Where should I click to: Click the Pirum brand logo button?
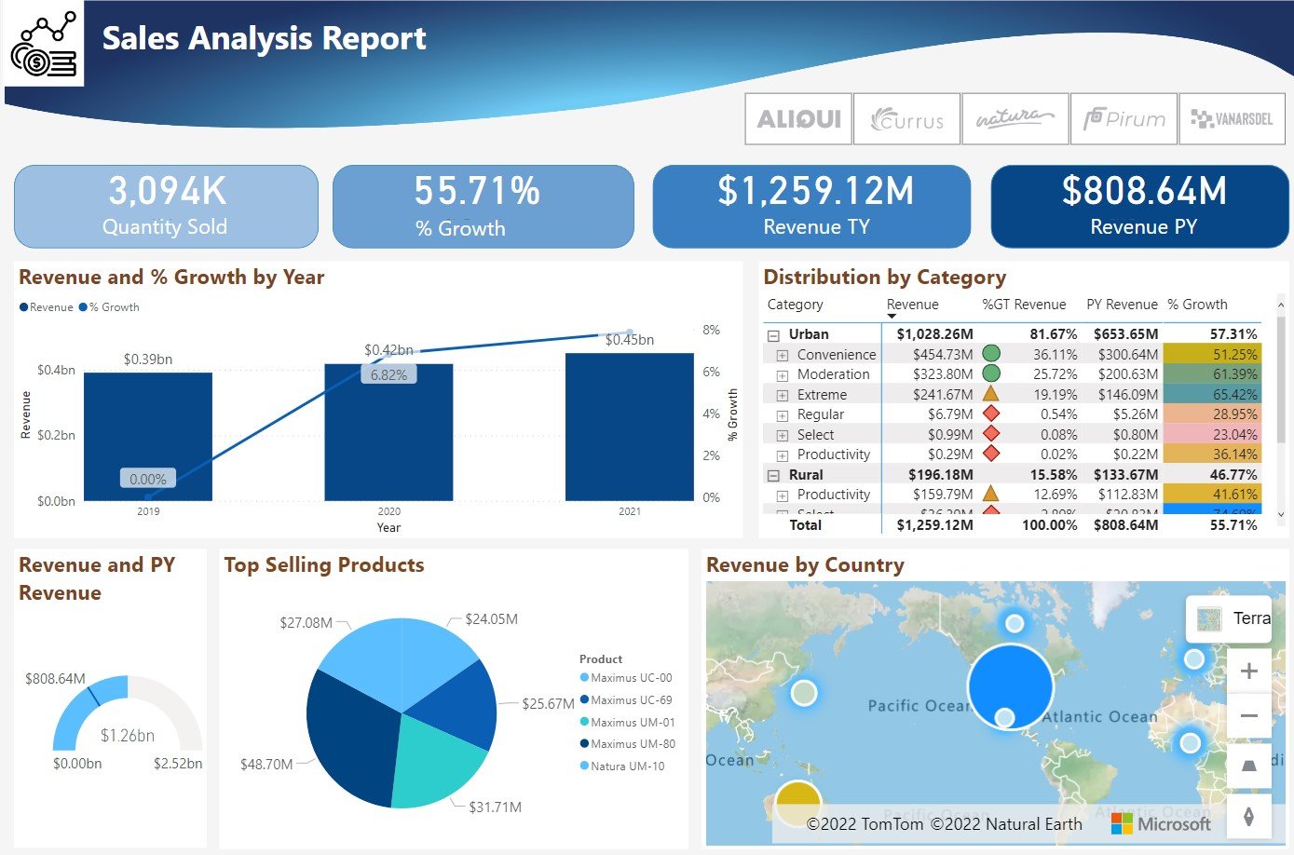1124,119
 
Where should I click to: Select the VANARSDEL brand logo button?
1232,119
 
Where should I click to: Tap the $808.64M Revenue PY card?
1139,207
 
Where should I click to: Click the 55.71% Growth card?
483,207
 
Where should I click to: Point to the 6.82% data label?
388,374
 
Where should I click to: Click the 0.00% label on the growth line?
148,479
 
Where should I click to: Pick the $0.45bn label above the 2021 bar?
630,340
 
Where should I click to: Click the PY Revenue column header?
1122,305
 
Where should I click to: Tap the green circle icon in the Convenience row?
991,354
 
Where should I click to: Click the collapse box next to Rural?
773,475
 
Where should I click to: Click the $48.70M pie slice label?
266,765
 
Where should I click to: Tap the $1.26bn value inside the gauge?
128,736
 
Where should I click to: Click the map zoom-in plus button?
1249,672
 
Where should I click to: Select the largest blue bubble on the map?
1010,685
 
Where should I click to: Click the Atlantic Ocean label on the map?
1099,717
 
